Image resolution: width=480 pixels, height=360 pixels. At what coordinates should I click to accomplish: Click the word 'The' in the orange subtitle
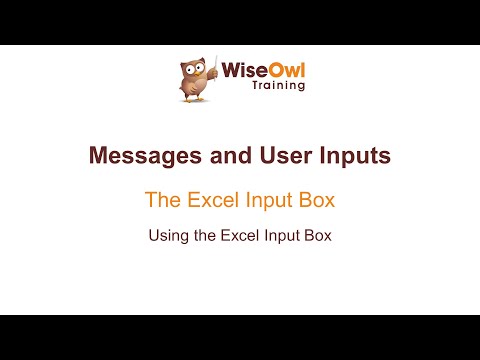[x=162, y=200]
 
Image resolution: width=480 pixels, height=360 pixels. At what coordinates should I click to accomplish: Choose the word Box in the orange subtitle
[x=315, y=200]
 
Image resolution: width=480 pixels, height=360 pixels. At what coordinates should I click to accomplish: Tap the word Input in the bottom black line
[x=282, y=238]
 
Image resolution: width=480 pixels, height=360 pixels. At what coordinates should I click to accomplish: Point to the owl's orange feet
[x=196, y=98]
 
